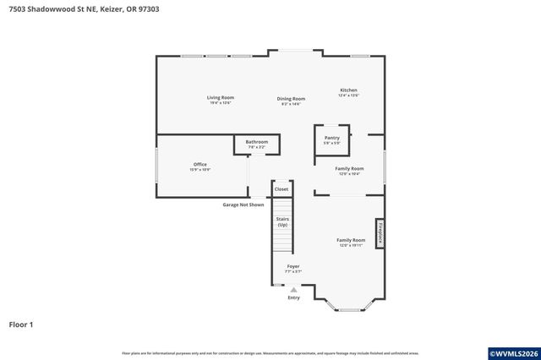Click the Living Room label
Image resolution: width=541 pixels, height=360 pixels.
coord(220,98)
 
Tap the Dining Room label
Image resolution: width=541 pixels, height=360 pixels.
coord(291,99)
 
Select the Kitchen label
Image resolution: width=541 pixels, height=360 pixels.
coord(348,90)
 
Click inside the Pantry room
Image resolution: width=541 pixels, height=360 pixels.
coord(331,139)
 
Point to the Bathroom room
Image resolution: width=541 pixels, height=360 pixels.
coord(256,144)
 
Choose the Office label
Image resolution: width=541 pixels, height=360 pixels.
coord(199,164)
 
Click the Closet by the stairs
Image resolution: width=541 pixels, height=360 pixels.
coord(281,189)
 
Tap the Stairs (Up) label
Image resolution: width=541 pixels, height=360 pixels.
coord(281,222)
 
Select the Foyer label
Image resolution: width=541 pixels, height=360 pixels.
coord(292,266)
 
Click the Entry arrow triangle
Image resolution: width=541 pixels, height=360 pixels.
coord(293,289)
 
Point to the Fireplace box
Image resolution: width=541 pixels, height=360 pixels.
coord(380,233)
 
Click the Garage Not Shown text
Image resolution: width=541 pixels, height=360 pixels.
coord(243,205)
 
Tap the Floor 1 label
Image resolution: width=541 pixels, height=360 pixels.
coord(21,324)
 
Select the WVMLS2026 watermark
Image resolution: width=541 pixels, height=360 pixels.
coord(513,352)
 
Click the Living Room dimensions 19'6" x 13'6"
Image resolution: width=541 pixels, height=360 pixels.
coord(220,103)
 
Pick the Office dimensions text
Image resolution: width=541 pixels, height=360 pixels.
coord(199,170)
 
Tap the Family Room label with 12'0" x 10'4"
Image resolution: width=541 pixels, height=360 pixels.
coord(349,168)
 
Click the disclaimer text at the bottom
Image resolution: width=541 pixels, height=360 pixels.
coord(270,352)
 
